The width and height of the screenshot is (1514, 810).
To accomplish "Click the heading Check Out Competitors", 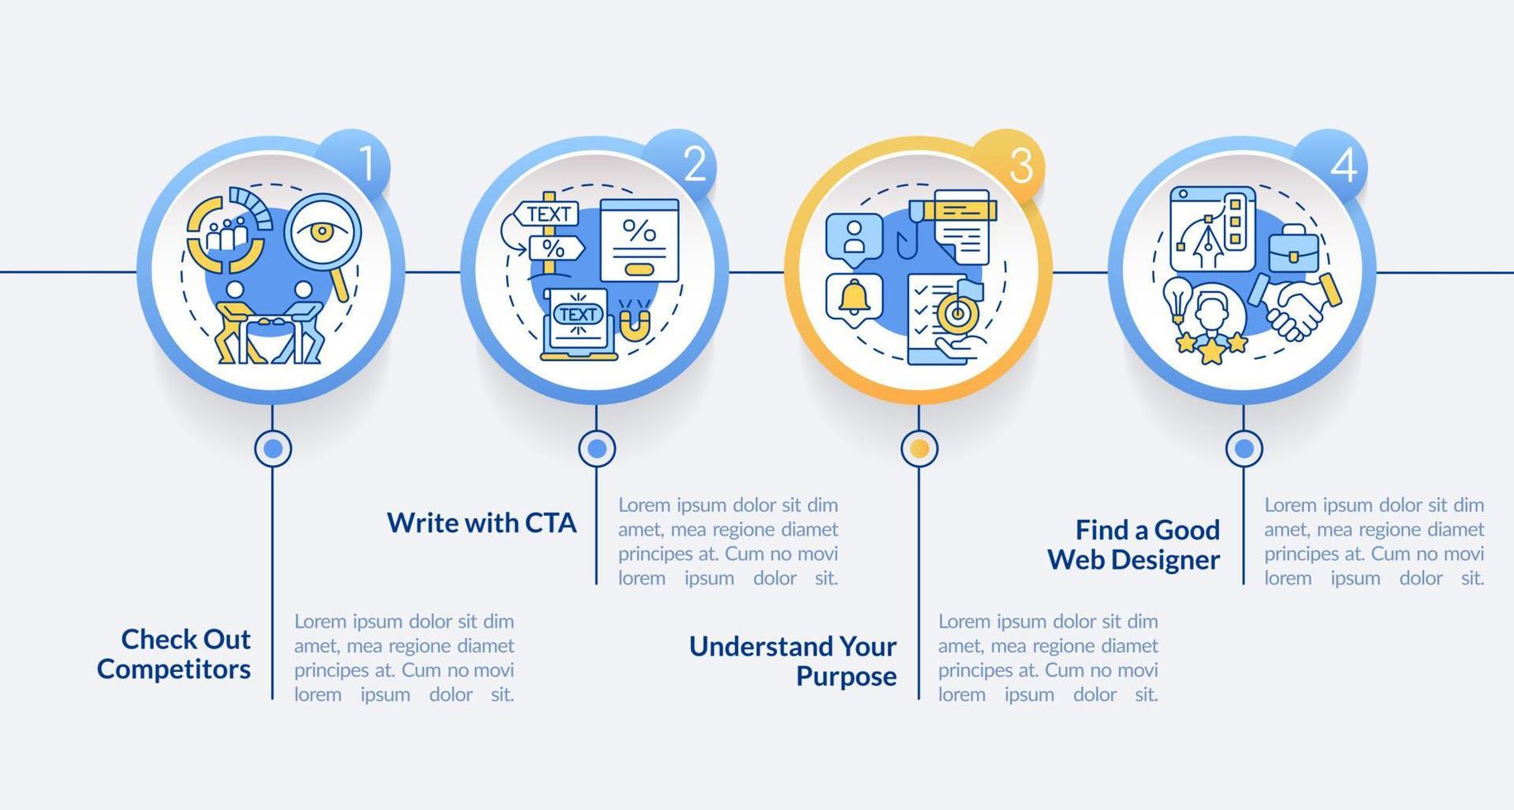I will (174, 654).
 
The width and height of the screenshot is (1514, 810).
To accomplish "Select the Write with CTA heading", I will (482, 523).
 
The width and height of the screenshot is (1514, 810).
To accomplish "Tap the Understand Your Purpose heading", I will (793, 660).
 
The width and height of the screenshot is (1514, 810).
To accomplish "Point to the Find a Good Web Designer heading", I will (1134, 545).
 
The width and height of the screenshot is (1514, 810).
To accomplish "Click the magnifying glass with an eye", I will (322, 231).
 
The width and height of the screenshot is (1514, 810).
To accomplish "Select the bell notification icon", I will (854, 297).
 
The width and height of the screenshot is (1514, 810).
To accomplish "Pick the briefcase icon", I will (1293, 250).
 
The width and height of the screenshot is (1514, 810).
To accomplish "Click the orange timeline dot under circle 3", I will (919, 449).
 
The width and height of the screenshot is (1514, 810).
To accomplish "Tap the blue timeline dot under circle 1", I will (273, 449).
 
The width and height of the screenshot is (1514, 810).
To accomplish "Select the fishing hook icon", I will (907, 235).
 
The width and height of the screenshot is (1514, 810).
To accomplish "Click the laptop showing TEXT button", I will (578, 323).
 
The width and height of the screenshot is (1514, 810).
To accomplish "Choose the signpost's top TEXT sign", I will (548, 214).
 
